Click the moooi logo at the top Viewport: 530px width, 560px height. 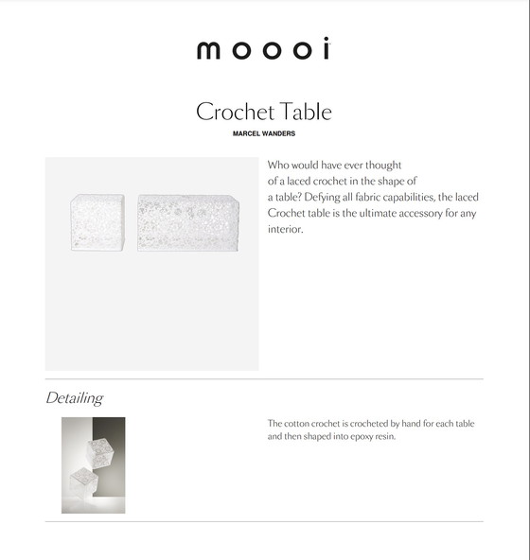(263, 50)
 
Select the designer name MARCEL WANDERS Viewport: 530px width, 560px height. (264, 133)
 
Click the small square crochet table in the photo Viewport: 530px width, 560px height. (97, 221)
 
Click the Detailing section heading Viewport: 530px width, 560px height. (74, 398)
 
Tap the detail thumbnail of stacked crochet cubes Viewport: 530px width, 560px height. (93, 464)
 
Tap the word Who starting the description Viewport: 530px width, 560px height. (280, 165)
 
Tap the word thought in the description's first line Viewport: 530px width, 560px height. (384, 165)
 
